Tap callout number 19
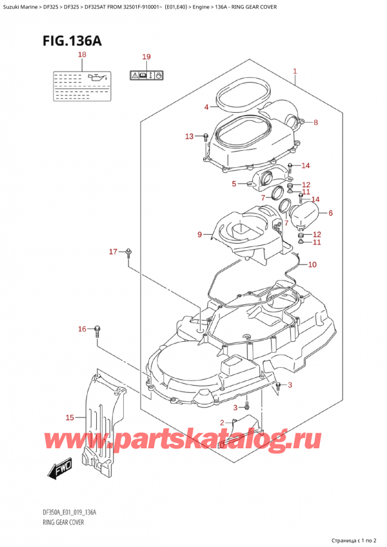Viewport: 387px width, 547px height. pyautogui.click(x=146, y=57)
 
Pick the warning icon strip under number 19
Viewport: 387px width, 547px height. pyautogui.click(x=147, y=75)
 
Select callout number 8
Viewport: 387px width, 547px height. pyautogui.click(x=315, y=122)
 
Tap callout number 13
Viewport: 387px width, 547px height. pyautogui.click(x=188, y=136)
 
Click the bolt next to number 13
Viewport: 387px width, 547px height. pyautogui.click(x=204, y=137)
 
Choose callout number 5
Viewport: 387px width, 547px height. pyautogui.click(x=234, y=184)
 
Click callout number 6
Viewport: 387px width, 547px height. pyautogui.click(x=330, y=213)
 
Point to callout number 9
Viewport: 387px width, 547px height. pyautogui.click(x=200, y=234)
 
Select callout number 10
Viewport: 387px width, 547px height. pyautogui.click(x=312, y=264)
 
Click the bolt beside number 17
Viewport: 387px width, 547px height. pyautogui.click(x=129, y=252)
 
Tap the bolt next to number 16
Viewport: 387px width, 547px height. pyautogui.click(x=97, y=330)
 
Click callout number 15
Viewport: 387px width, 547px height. pyautogui.click(x=70, y=418)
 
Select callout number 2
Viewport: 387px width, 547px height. pyautogui.click(x=223, y=423)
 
